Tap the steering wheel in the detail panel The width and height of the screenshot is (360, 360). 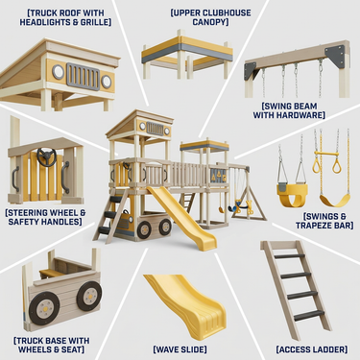(47, 157)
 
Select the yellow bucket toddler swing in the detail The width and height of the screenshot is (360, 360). (292, 195)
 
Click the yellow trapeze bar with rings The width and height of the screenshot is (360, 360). (327, 161)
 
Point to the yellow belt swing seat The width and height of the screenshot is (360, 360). (335, 201)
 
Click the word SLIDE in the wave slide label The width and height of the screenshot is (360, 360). (192, 349)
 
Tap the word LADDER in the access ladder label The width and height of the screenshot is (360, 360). (329, 349)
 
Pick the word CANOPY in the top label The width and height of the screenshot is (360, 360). (209, 22)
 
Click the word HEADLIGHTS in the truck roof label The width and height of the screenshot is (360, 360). (41, 22)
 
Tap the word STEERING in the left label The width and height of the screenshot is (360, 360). (27, 213)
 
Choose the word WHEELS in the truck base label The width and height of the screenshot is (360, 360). (32, 349)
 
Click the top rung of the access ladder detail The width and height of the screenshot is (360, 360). (290, 256)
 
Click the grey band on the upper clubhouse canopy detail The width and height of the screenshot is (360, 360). (187, 53)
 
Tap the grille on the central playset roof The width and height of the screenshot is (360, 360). (156, 129)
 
